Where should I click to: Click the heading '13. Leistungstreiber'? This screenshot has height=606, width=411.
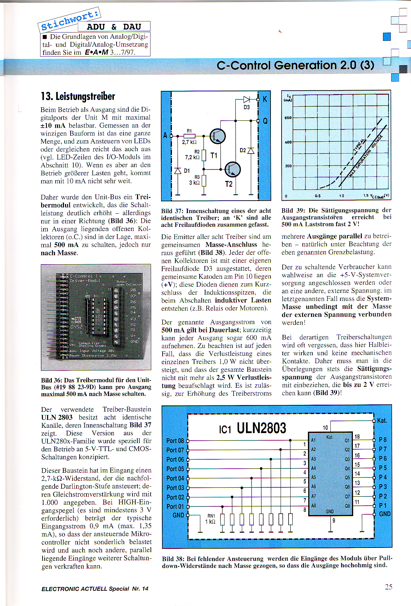point(78,97)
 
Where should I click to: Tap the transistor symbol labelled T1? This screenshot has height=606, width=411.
point(218,136)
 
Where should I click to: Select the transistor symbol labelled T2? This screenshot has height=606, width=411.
point(232,169)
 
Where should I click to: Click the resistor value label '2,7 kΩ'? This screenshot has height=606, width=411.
point(189,142)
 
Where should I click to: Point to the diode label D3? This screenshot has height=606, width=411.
point(247,108)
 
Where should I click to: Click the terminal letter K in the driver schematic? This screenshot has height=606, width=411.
point(265,99)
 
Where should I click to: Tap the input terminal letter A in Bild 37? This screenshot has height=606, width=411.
point(165,135)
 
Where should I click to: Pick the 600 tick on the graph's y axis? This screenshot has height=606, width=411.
point(288,118)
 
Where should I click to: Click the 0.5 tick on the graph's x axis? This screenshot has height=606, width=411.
point(318,196)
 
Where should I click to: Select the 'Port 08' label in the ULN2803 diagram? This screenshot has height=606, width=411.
point(175,441)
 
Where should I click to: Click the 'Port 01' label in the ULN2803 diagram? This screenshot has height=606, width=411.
point(175,506)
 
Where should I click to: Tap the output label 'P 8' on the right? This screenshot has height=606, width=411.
point(383,440)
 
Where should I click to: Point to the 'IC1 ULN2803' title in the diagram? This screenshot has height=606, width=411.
point(253,429)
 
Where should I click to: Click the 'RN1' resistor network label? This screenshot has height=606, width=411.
point(211,516)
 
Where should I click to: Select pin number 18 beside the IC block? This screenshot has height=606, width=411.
point(357,437)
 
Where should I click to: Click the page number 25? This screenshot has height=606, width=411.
point(389,587)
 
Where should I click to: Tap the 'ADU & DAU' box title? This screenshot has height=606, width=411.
point(114,27)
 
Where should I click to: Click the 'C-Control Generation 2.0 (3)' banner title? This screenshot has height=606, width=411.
point(295,65)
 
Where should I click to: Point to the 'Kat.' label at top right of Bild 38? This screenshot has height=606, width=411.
point(382,421)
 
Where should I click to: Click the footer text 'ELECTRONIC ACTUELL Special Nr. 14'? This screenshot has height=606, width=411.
point(95,589)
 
